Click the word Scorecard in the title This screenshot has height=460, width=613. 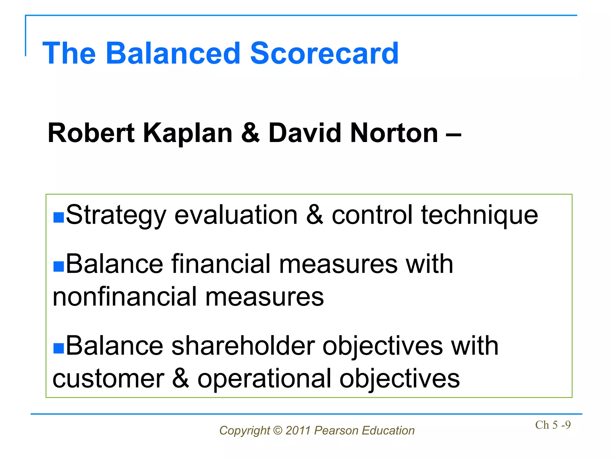pos(324,53)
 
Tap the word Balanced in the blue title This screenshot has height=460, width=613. pos(173,53)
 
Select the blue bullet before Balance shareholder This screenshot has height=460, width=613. pos(59,348)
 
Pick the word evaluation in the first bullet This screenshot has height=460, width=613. pos(236,215)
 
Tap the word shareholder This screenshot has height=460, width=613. pos(243,346)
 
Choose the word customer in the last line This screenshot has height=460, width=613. pos(108,379)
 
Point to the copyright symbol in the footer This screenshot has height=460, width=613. pos(278,431)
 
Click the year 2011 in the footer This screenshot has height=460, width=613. pos(298,431)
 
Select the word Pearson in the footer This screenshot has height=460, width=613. pos(336,431)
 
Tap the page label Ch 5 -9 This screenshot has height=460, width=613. pos(553,425)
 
